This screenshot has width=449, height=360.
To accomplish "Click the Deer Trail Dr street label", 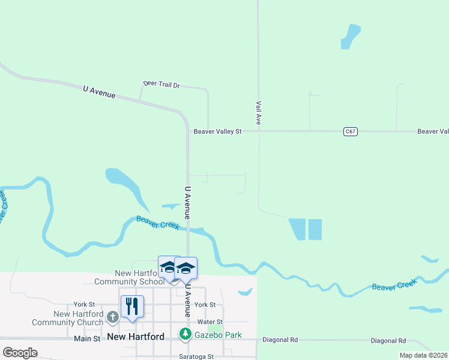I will (x=161, y=85).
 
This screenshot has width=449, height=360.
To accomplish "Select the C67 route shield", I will (x=351, y=131).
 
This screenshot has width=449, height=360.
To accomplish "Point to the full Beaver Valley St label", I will (x=217, y=131).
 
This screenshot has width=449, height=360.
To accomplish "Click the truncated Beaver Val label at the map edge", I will (x=433, y=131).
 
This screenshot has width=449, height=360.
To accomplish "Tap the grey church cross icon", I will (x=112, y=316).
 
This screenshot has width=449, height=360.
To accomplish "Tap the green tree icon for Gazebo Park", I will (x=186, y=334).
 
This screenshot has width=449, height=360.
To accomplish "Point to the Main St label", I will (x=87, y=339).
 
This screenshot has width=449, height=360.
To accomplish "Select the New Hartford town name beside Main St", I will (x=136, y=337).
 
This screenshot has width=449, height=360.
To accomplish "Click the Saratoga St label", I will (x=196, y=356).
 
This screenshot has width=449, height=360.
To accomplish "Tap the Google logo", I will (x=20, y=353).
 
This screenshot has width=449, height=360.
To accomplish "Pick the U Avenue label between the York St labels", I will (x=187, y=301).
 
